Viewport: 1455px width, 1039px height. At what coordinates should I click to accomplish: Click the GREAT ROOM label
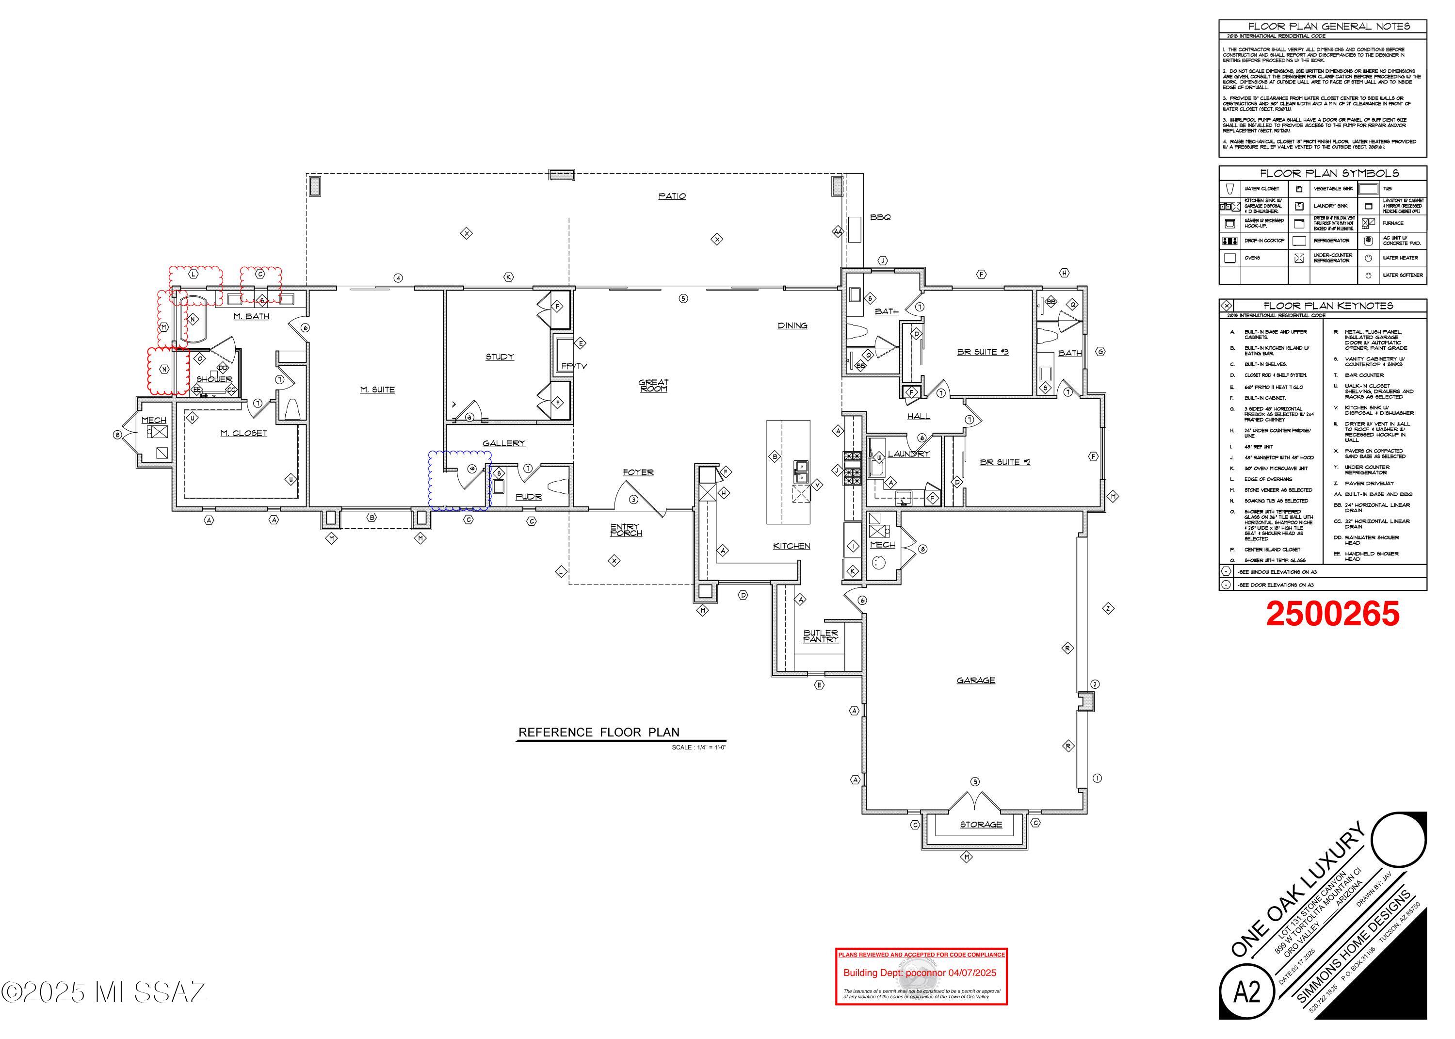(653, 385)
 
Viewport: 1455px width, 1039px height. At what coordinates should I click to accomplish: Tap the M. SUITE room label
(377, 389)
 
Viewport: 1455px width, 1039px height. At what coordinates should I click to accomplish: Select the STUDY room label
(500, 357)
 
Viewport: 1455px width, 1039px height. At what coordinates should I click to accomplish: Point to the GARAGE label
(975, 680)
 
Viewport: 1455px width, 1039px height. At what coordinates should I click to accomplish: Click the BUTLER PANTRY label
(821, 636)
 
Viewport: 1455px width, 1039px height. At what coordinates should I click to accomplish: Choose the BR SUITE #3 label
(982, 351)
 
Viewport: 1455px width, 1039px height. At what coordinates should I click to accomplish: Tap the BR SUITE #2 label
(1005, 462)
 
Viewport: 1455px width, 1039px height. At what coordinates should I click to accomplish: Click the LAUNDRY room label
(908, 454)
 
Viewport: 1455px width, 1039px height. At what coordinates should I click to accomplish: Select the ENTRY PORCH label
(626, 530)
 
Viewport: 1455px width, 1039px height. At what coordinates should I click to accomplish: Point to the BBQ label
(880, 217)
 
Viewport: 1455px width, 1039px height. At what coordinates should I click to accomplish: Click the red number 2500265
(1333, 614)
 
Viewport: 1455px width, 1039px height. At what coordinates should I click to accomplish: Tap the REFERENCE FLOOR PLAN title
(598, 732)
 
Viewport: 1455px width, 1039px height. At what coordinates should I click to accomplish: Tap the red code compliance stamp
(921, 975)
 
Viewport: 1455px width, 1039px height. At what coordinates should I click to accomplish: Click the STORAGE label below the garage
(981, 825)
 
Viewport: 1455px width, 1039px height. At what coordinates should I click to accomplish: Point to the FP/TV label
(574, 366)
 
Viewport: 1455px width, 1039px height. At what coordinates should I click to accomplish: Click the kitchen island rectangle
(789, 472)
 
